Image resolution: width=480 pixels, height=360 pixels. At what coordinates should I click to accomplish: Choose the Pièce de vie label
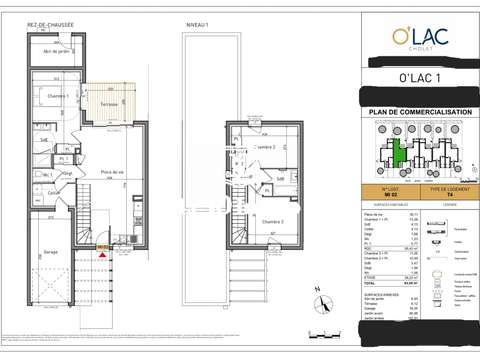point(111,171)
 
